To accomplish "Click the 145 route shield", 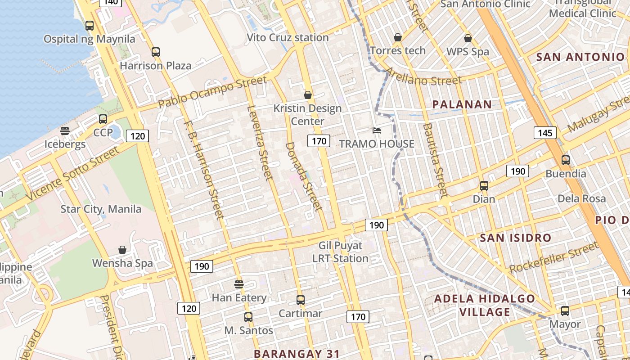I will tap(545, 133).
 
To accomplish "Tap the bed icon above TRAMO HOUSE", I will tap(377, 130).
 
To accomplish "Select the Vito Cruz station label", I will tap(288, 38).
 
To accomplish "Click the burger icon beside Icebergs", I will tap(65, 131).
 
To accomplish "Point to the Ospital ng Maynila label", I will tap(89, 39).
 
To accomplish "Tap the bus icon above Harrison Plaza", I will tap(156, 52).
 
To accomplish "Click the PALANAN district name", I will tap(462, 105).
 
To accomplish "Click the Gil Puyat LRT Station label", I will tap(340, 252).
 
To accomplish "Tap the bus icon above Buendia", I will tap(566, 160).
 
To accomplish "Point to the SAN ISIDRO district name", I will tap(515, 238).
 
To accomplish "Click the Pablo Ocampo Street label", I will tap(212, 93).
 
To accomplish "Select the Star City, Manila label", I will tap(101, 209).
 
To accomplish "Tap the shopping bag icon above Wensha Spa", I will tap(122, 249).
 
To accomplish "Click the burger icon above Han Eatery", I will tap(239, 284).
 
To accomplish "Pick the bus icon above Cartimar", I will tap(300, 300).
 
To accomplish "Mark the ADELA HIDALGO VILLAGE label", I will tap(485, 305).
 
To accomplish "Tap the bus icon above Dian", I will tap(484, 185).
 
